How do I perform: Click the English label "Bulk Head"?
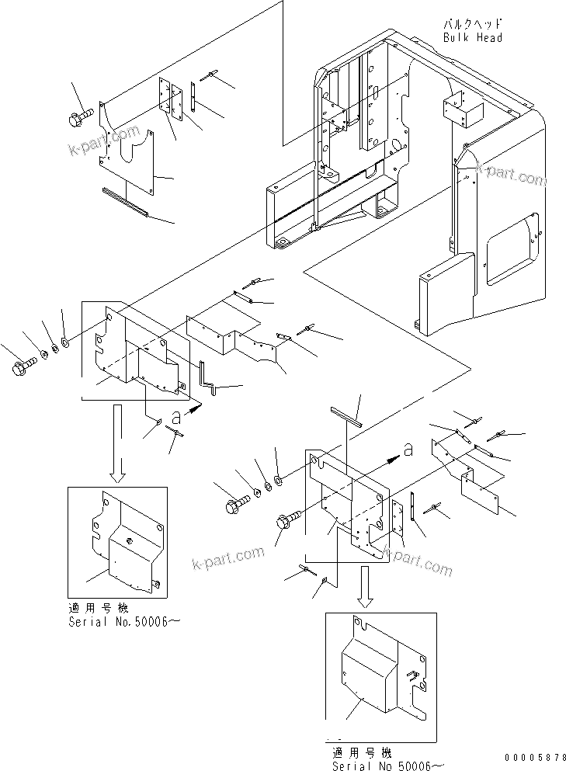472,37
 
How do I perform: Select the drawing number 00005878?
531,756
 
